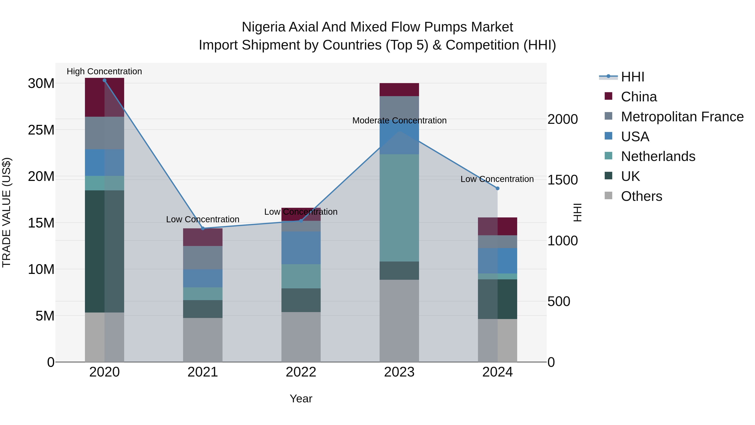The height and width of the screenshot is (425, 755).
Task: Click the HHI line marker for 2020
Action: [104, 80]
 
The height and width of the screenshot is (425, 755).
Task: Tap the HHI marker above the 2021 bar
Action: [203, 228]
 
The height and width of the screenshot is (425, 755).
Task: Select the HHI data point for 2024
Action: [497, 188]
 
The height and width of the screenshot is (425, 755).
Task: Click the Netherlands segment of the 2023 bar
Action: [399, 208]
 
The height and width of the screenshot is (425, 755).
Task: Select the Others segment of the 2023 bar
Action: [399, 320]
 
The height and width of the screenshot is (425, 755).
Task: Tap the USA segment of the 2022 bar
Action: [301, 248]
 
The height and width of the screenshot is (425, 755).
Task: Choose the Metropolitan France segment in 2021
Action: [203, 258]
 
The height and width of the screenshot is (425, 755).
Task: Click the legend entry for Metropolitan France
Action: [682, 117]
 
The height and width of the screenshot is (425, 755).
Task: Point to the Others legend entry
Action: [641, 196]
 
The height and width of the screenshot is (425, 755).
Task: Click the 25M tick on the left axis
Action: [41, 130]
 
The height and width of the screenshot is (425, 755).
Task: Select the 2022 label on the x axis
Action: [301, 372]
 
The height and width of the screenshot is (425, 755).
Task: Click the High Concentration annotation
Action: [104, 71]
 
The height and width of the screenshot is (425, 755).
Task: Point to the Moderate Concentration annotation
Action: [399, 120]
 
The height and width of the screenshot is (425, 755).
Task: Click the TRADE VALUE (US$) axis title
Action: [7, 212]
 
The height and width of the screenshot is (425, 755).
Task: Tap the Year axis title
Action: [301, 399]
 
